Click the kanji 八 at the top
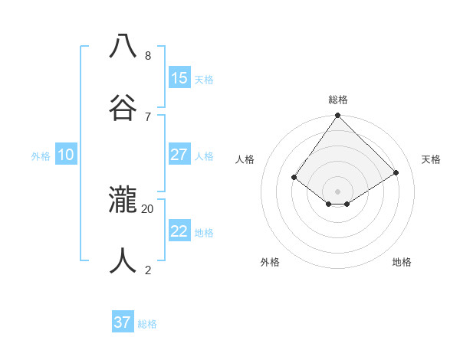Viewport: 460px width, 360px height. point(123,46)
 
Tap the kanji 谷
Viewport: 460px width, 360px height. point(123,106)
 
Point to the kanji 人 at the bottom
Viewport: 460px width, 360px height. point(123,260)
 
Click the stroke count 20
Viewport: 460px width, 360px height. point(148,208)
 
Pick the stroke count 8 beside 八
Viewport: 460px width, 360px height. point(148,56)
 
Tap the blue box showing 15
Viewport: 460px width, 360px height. point(179,78)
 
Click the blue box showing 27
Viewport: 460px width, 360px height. point(179,155)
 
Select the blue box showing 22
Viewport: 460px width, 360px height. point(179,231)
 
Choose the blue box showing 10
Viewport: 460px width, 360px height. point(66,155)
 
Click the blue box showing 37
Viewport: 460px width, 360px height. point(123,322)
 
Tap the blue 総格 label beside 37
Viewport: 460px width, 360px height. point(147,324)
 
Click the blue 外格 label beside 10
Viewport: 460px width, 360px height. point(41,156)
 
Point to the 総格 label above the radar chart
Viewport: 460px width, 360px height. point(338,100)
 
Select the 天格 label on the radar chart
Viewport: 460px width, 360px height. point(431,159)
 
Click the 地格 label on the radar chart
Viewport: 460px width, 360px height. point(402,262)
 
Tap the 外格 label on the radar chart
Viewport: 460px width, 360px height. point(270,262)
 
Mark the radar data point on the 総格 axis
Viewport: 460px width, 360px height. point(338,116)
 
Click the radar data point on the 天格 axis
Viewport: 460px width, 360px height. point(396,173)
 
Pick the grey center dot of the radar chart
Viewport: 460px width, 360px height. point(338,191)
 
